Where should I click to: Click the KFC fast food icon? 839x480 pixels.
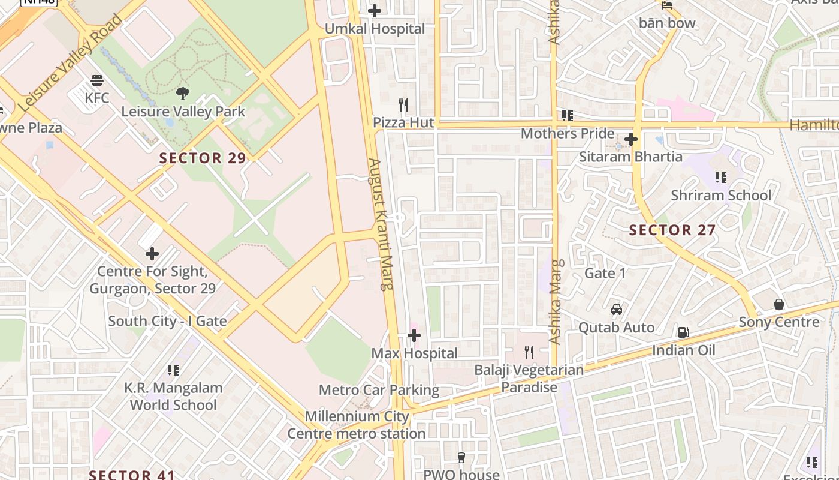coord(97,80)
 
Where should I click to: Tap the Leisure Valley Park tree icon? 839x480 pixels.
coord(183,93)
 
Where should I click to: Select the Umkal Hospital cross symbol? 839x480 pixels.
coord(375,11)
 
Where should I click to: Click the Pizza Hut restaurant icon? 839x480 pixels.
coord(403,105)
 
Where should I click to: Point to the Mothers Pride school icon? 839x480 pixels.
coord(567,115)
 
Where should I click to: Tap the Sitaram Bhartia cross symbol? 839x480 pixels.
coord(630,139)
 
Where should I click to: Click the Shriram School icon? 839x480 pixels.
coord(720,178)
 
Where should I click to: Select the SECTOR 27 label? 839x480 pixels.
coord(672,230)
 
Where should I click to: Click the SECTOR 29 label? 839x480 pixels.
coord(203,158)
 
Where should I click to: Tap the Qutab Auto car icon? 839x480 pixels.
coord(616,310)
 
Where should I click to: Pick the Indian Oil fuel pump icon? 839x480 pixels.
coord(683,332)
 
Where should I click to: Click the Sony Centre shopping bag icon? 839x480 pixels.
coord(778,304)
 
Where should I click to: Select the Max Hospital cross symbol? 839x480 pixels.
coord(414,335)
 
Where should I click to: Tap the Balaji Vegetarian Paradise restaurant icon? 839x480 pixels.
coord(529,352)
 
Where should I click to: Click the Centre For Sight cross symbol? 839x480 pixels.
coord(152,253)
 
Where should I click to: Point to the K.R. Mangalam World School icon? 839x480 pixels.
coord(173,370)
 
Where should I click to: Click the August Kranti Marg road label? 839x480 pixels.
coord(379,224)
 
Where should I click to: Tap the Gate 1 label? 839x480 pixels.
coord(605,274)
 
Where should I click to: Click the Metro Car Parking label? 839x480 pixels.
coord(379,390)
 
